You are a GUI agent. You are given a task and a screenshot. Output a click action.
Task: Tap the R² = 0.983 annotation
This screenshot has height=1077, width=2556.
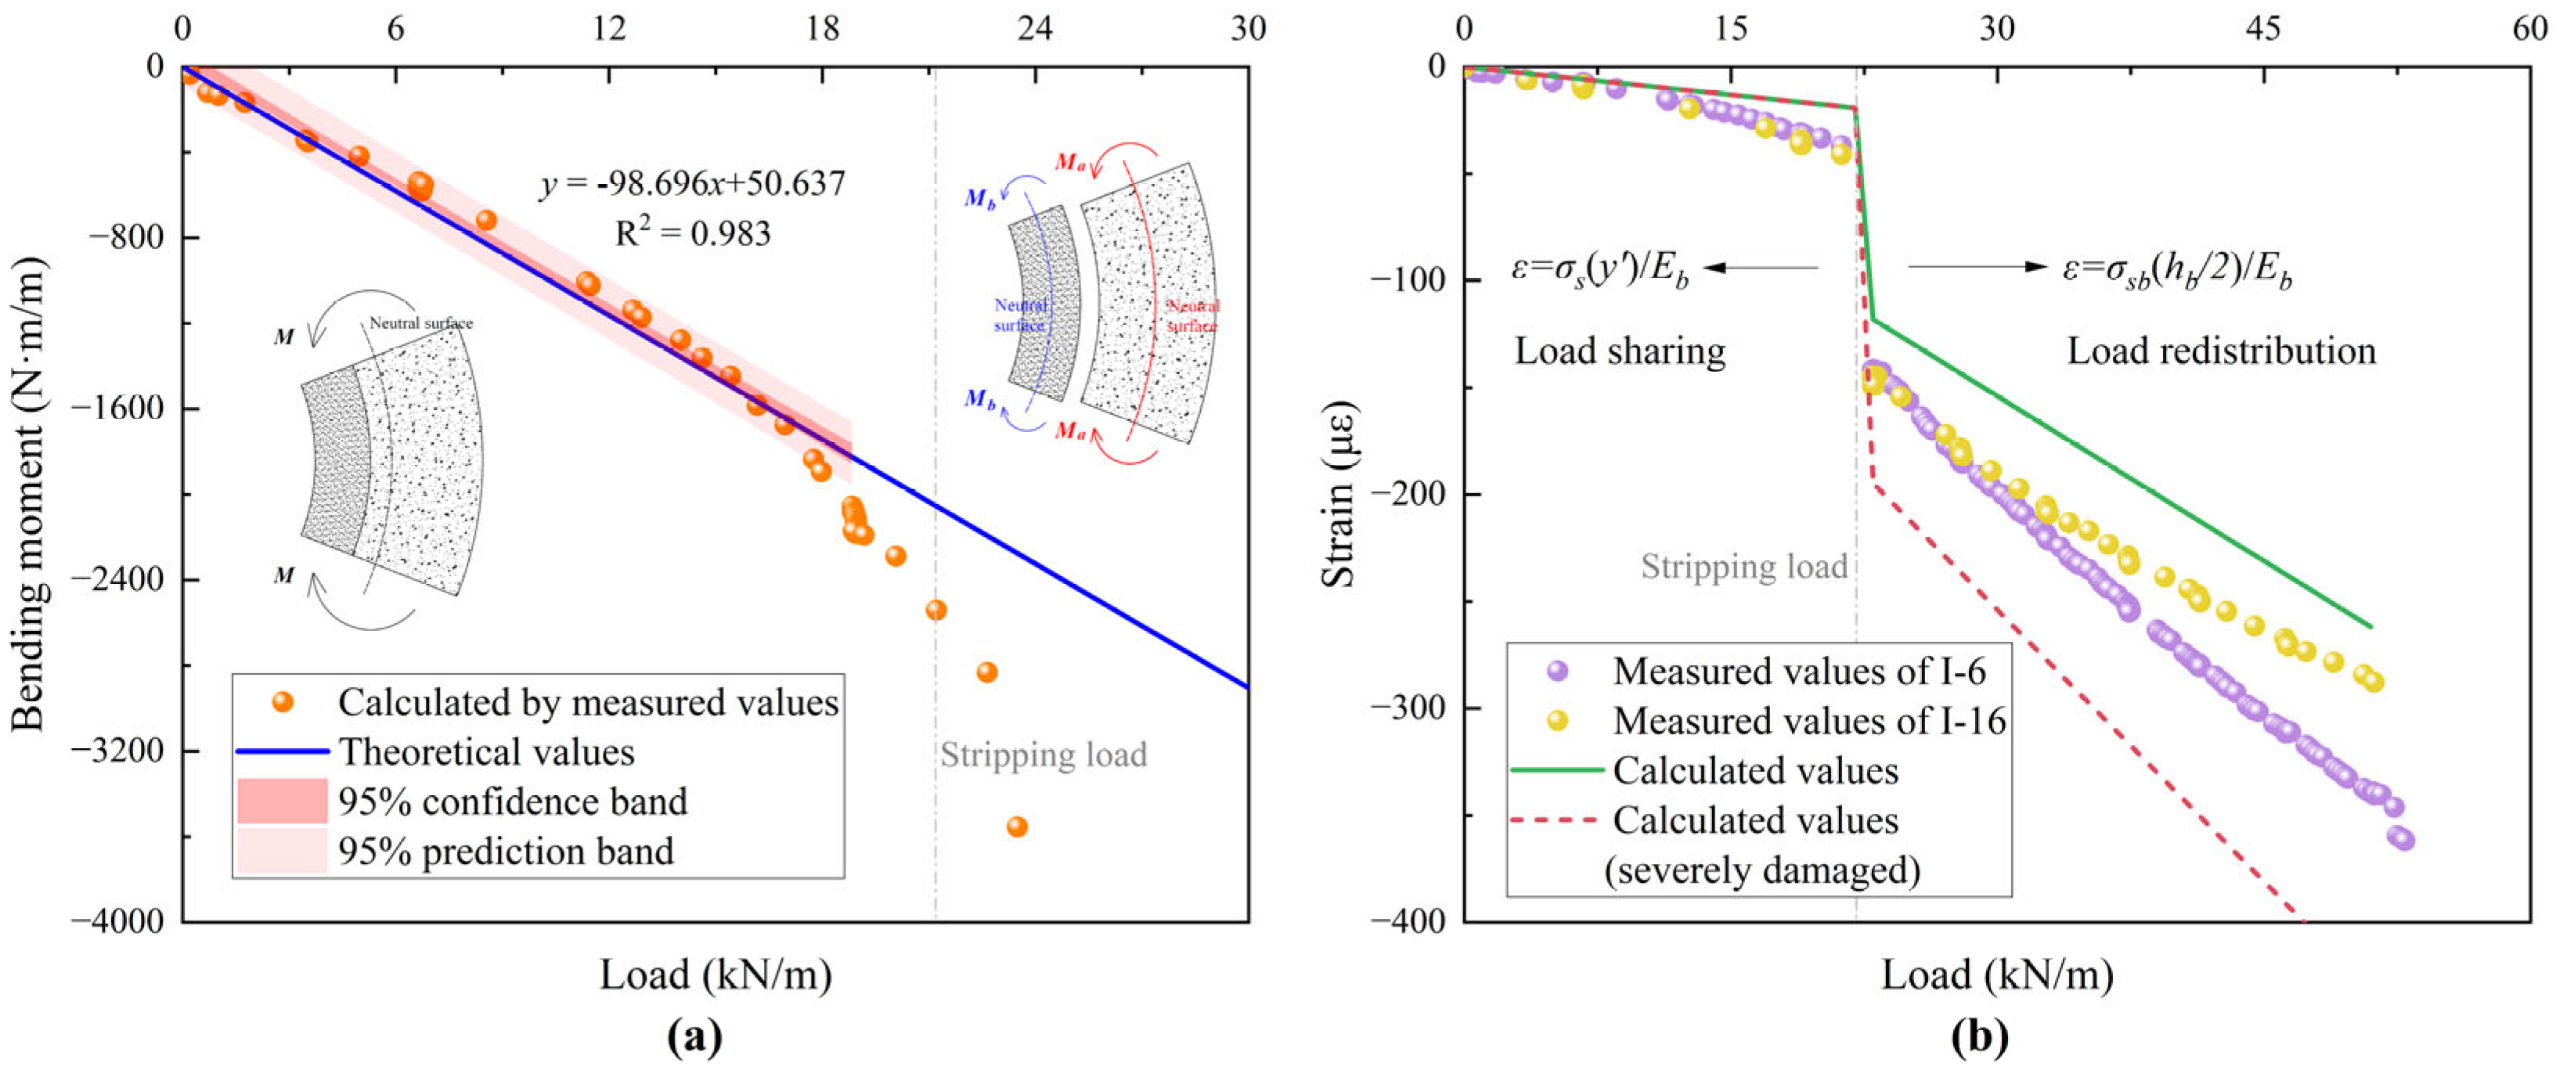[x=693, y=234]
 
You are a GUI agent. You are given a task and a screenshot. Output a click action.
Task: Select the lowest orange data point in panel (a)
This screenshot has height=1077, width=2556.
[x=1016, y=826]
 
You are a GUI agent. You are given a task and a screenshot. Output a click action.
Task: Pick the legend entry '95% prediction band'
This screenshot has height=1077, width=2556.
[x=505, y=852]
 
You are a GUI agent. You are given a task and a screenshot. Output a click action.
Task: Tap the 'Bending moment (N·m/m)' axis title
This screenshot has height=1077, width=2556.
[x=30, y=493]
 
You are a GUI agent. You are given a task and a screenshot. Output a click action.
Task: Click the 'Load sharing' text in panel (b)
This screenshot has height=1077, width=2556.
[x=1620, y=352]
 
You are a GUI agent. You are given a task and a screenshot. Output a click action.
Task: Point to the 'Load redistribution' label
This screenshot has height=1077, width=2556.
[x=2221, y=352]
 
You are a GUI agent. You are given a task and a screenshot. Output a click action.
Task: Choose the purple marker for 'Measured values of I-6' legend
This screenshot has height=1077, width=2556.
[x=1557, y=672]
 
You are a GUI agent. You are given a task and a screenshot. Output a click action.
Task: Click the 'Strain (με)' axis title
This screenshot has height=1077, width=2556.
[x=1339, y=493]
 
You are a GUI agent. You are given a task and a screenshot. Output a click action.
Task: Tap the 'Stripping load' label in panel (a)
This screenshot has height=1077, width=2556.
[x=1043, y=755]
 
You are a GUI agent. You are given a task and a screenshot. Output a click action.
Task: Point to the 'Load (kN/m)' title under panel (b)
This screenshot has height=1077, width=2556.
[x=1996, y=974]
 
